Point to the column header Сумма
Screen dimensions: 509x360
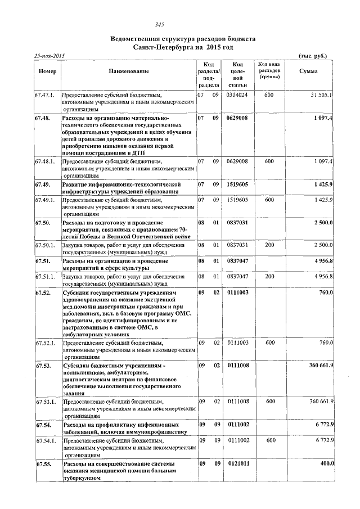coord(308,71)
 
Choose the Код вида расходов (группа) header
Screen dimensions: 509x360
coord(270,71)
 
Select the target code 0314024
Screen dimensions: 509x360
coord(237,95)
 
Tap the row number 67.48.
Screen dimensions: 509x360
coord(43,119)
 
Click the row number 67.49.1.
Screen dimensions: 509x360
coord(45,200)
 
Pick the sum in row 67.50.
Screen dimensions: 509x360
coord(323,223)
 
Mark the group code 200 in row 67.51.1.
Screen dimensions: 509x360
coord(270,277)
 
